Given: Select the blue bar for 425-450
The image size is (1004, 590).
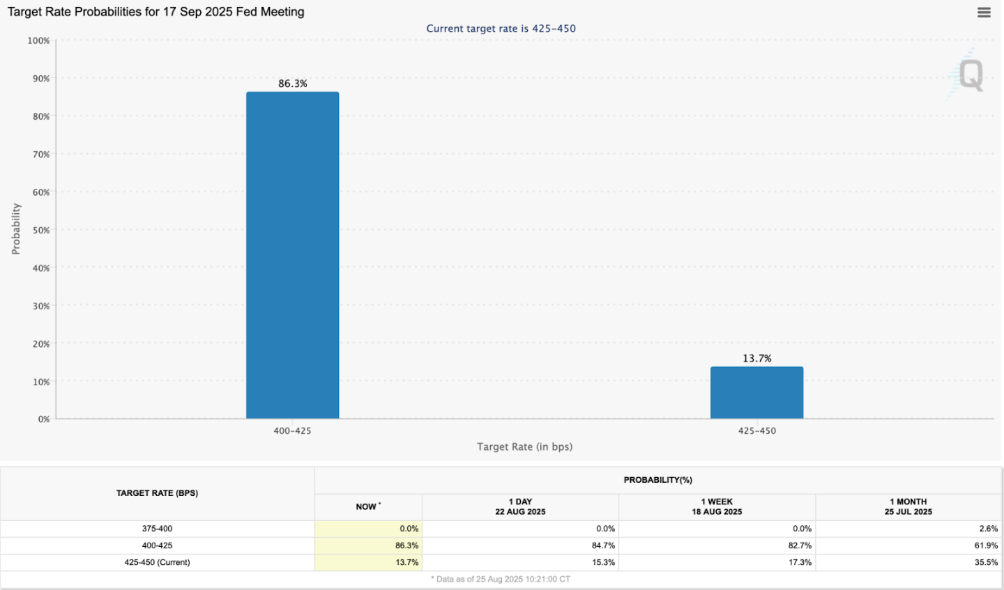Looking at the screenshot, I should tap(756, 393).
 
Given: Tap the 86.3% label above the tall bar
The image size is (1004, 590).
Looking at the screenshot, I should tap(292, 84).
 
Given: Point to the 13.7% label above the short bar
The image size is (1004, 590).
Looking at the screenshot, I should tap(756, 358).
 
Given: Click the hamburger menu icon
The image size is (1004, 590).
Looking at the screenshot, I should tap(984, 13).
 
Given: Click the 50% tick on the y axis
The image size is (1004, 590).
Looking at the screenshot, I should tap(40, 230).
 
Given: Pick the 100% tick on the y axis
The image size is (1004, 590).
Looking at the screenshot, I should tap(38, 40).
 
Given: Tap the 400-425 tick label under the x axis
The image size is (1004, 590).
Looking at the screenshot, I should tap(292, 430).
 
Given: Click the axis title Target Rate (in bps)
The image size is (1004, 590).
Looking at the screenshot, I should tap(524, 447).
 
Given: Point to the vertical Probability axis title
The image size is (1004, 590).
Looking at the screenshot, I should tap(16, 228).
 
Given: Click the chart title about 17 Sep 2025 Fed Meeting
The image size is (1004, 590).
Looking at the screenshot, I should tap(155, 12).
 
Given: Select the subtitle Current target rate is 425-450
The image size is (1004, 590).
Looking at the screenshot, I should tap(501, 29).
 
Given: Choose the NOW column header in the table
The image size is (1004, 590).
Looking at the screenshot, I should tap(367, 506).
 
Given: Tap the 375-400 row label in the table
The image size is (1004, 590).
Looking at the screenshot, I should tap(157, 529).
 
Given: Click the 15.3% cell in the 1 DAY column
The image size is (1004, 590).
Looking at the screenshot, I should tap(603, 562).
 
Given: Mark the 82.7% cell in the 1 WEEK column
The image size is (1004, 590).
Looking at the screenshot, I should tap(800, 545).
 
